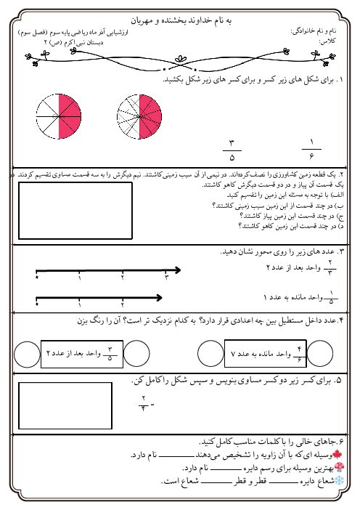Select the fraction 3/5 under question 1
232,150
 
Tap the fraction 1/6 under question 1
310,150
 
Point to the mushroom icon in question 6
346,468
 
